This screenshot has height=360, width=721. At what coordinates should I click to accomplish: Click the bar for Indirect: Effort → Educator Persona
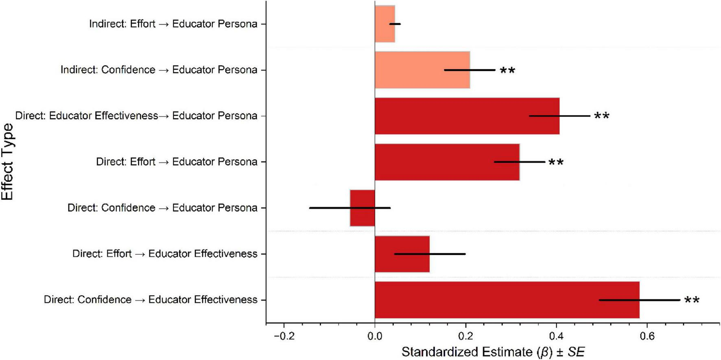pyautogui.click(x=385, y=33)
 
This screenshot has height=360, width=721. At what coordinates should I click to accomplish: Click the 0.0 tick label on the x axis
pyautogui.click(x=375, y=337)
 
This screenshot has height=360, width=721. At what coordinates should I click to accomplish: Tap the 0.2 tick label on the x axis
pyautogui.click(x=465, y=337)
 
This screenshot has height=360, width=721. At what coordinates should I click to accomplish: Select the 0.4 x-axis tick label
pyautogui.click(x=556, y=337)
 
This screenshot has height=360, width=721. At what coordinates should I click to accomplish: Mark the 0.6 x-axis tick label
pyautogui.click(x=647, y=337)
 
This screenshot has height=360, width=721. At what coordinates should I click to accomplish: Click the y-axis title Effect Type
pyautogui.click(x=7, y=161)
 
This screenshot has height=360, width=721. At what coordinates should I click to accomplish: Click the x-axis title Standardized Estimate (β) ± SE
pyautogui.click(x=493, y=352)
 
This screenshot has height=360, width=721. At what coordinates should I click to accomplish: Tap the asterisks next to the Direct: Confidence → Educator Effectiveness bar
pyautogui.click(x=692, y=301)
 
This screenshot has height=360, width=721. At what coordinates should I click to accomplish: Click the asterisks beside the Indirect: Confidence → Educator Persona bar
pyautogui.click(x=507, y=71)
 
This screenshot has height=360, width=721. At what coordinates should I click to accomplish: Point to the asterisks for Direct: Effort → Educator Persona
pyautogui.click(x=556, y=163)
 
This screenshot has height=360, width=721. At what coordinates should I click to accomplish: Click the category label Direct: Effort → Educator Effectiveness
pyautogui.click(x=165, y=254)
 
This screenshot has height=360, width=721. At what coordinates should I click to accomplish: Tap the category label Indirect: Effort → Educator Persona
pyautogui.click(x=173, y=24)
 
